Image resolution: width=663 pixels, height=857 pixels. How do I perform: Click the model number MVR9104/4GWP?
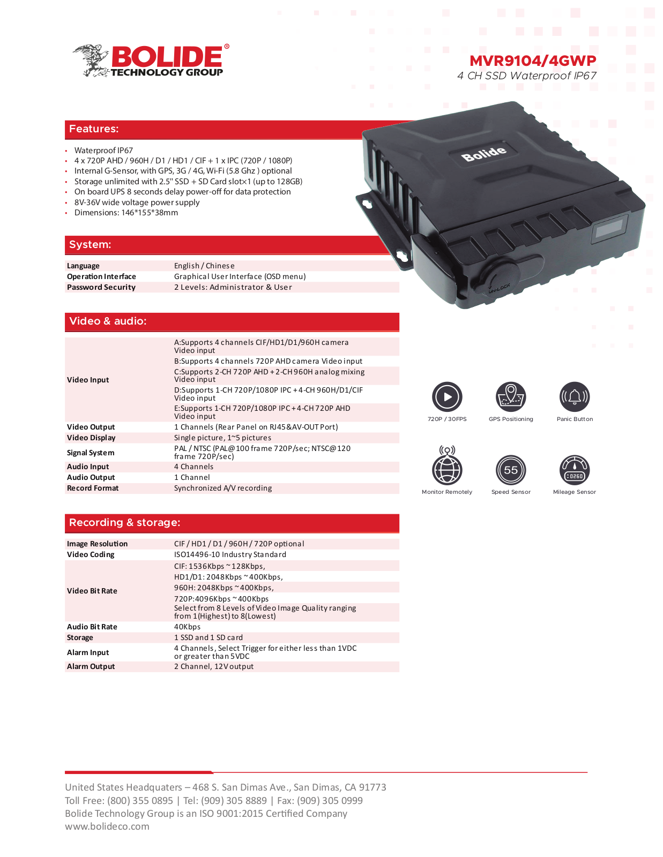[x=533, y=61]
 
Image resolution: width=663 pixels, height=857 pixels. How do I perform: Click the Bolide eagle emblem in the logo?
[x=91, y=61]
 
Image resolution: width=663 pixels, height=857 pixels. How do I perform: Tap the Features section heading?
[x=94, y=129]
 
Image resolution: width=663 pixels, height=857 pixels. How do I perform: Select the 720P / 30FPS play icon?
[x=447, y=397]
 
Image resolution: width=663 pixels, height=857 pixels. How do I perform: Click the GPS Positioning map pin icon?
[x=511, y=397]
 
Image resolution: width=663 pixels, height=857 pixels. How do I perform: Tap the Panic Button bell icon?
[x=575, y=397]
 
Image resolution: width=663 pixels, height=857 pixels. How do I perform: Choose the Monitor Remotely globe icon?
[x=447, y=466]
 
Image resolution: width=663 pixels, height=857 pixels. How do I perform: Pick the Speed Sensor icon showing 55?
[x=511, y=470]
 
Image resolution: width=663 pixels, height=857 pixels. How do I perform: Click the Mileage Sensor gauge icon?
[x=575, y=470]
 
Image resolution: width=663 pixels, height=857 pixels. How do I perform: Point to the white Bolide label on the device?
[x=484, y=153]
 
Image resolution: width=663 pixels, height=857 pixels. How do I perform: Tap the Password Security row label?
[x=101, y=287]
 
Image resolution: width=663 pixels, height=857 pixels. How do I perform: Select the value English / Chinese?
[x=204, y=266]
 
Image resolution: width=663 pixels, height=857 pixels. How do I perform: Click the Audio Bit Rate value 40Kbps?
[x=188, y=627]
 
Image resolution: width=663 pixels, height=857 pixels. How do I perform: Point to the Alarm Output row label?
[x=91, y=666]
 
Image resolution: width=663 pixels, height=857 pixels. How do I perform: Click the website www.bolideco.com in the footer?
[x=107, y=826]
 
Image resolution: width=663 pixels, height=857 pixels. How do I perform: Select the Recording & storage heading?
[x=125, y=523]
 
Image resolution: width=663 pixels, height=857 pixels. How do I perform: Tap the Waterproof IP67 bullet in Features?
[x=103, y=151]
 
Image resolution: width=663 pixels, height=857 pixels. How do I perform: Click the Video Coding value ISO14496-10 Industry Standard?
[x=230, y=554]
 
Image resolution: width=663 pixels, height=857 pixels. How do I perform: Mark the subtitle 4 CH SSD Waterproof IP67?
[x=527, y=76]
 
